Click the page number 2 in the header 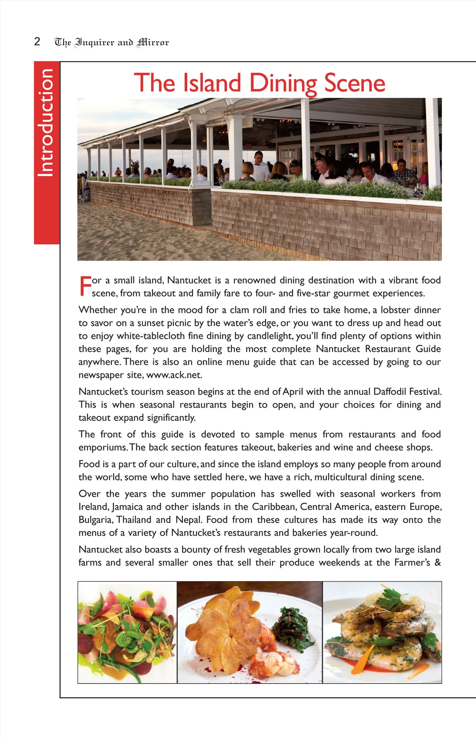(x=37, y=42)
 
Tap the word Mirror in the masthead (x=153, y=42)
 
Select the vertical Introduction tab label (x=46, y=123)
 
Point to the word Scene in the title (x=355, y=83)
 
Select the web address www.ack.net (x=174, y=375)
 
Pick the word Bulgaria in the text (x=95, y=520)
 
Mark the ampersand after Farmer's (x=438, y=563)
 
